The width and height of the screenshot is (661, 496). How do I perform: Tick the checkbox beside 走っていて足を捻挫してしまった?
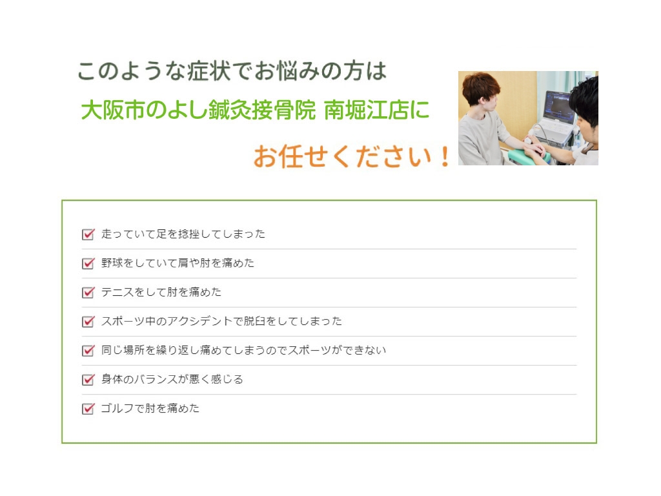pos(88,234)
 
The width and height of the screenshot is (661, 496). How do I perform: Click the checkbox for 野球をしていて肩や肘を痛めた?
pos(88,263)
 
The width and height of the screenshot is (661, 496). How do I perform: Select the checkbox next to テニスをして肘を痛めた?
pos(88,293)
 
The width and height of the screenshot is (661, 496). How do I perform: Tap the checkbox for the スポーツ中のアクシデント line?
pos(88,322)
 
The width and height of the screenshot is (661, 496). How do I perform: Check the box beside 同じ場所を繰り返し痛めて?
pos(88,351)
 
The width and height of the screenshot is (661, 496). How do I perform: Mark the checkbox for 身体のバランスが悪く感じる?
pos(88,380)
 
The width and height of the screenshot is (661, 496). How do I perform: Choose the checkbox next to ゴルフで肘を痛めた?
pos(88,409)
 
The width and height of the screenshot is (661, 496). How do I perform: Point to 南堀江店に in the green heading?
pos(376,110)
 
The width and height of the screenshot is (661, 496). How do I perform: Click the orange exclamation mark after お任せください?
pos(445,156)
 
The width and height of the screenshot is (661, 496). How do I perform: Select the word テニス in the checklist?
pos(117,292)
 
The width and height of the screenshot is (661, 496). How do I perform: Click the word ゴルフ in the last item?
pos(117,408)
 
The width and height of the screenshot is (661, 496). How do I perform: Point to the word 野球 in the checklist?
pos(112,263)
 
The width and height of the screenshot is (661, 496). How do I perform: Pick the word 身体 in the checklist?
pos(112,379)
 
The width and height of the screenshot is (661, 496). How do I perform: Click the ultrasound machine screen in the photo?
pos(559,105)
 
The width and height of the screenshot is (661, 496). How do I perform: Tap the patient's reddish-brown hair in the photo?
pos(480,87)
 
